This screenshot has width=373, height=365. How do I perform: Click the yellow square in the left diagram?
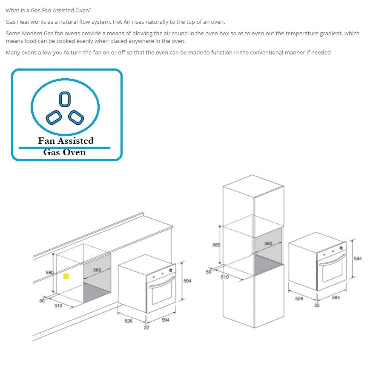click(x=66, y=276)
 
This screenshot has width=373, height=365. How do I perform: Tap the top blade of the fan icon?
click(x=65, y=99)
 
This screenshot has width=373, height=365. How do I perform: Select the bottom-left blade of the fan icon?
click(x=54, y=117)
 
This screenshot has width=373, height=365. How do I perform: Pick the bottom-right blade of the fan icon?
click(x=76, y=117)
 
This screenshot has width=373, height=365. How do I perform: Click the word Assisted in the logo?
click(x=75, y=141)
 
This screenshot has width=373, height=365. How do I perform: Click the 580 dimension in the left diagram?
click(x=49, y=273)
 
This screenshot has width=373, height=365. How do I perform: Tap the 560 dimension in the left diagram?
click(x=97, y=270)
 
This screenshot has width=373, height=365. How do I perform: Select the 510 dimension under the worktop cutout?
click(x=58, y=305)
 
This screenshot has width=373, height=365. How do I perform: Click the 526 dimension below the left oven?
click(x=129, y=321)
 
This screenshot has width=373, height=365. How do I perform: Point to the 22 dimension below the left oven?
click(x=146, y=328)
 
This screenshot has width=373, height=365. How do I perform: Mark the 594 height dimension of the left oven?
click(x=187, y=281)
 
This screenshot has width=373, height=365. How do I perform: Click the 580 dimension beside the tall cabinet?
click(x=216, y=245)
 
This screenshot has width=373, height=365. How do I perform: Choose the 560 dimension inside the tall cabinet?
click(x=268, y=244)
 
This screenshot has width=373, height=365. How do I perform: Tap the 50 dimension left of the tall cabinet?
click(x=208, y=272)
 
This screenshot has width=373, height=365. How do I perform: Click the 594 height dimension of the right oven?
click(x=358, y=259)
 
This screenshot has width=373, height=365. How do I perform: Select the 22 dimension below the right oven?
click(x=317, y=305)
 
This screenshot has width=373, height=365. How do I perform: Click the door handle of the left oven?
click(x=162, y=282)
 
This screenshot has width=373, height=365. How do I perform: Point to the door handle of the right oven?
click(x=332, y=259)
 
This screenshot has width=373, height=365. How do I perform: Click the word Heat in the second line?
click(x=23, y=22)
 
